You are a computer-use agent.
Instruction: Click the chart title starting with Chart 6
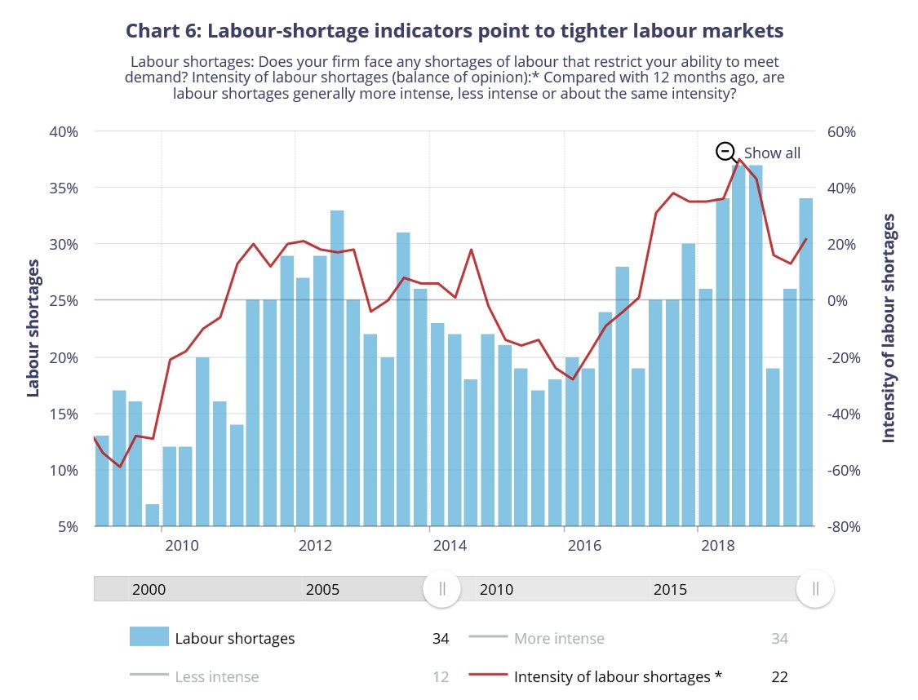click(455, 31)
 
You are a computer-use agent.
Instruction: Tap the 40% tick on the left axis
click(63, 131)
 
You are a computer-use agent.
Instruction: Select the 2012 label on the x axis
click(313, 544)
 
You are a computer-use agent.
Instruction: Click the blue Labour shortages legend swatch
click(149, 637)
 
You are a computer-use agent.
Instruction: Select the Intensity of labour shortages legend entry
click(618, 676)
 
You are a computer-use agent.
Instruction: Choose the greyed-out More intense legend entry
click(559, 638)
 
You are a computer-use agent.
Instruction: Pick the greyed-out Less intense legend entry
click(216, 676)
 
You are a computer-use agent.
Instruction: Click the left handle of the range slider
click(441, 589)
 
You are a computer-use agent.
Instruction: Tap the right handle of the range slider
click(814, 589)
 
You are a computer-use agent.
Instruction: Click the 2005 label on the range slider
click(322, 589)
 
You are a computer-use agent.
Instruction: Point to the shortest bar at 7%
click(153, 515)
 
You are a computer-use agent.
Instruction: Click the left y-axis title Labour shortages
click(33, 328)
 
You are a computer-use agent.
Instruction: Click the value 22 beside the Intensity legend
click(779, 676)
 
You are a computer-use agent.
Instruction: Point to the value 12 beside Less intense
click(441, 676)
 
